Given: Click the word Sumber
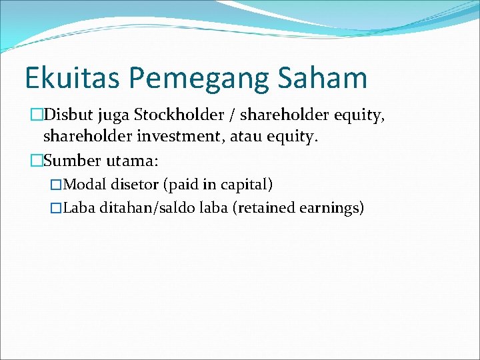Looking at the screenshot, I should pyautogui.click(x=68, y=161).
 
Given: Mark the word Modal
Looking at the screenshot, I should pyautogui.click(x=83, y=185).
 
